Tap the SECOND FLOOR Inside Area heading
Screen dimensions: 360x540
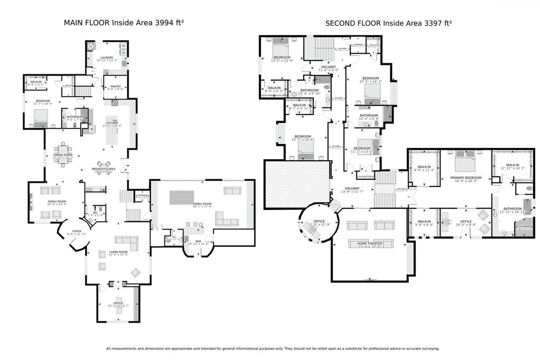(x=389, y=23)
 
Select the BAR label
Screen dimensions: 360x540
(x=198, y=242)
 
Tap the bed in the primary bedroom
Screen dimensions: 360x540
(x=465, y=159)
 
